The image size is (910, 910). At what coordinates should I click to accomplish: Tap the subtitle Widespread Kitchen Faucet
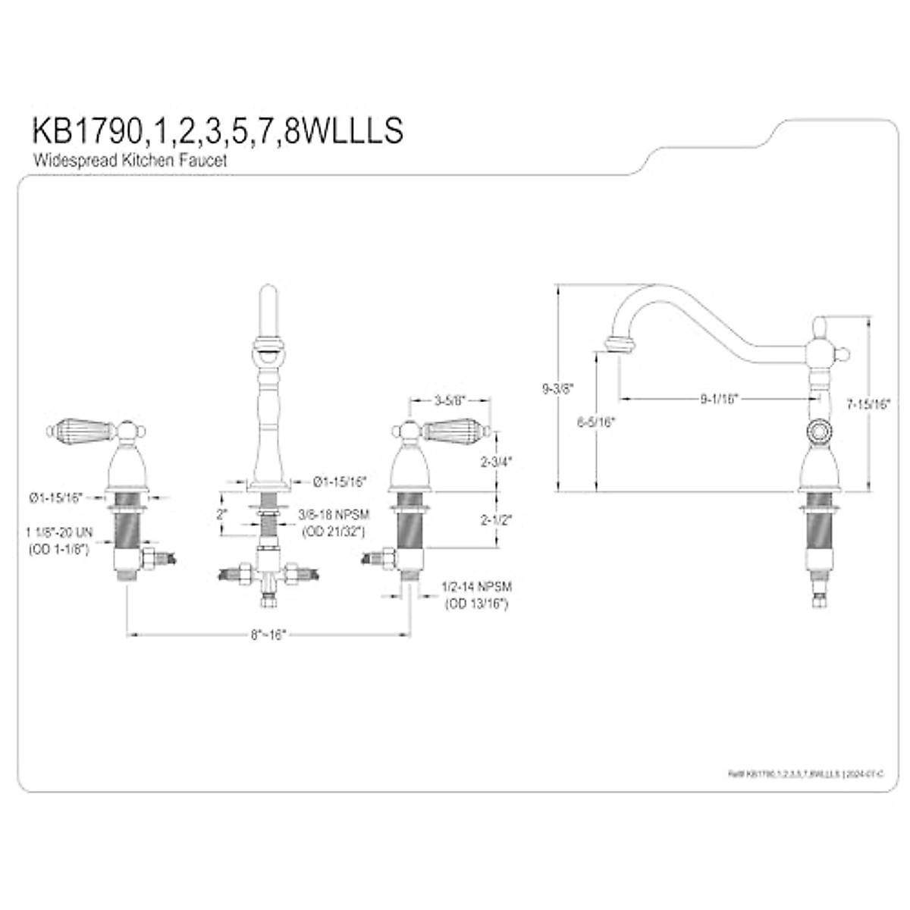[129, 161]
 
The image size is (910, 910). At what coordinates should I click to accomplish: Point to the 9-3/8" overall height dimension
[558, 388]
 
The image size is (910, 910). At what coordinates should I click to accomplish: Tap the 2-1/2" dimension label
[496, 519]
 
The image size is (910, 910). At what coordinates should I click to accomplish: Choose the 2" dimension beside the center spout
[221, 514]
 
